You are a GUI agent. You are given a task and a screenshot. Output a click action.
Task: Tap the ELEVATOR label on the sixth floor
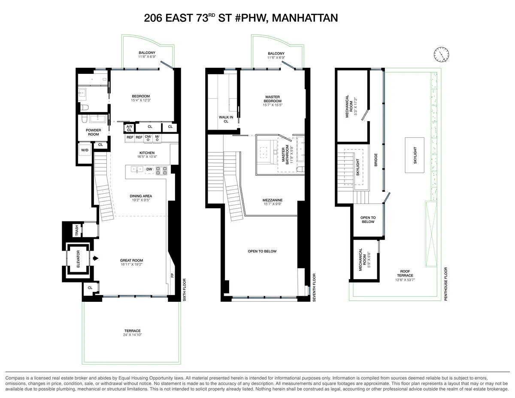78,259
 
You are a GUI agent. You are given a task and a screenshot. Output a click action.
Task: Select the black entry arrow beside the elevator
96,258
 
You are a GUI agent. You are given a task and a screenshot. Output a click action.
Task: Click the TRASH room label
77,231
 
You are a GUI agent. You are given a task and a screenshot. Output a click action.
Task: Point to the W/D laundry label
85,150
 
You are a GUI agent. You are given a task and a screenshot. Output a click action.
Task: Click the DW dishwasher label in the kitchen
149,170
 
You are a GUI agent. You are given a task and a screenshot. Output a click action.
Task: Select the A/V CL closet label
129,128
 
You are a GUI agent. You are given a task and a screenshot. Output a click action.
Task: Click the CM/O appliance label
148,138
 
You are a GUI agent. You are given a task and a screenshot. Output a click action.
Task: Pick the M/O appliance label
157,138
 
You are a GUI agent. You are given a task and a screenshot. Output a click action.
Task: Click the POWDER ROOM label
94,132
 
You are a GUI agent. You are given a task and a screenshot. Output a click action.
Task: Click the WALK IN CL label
226,119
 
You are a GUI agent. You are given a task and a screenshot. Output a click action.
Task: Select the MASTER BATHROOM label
285,154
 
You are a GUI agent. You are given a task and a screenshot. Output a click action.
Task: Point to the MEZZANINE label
273,200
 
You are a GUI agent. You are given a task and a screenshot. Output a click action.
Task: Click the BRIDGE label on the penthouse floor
376,160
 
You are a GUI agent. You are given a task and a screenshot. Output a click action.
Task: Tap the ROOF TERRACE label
405,273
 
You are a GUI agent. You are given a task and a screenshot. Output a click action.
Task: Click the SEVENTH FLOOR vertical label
314,288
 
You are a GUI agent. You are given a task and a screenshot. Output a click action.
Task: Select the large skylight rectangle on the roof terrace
415,155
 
